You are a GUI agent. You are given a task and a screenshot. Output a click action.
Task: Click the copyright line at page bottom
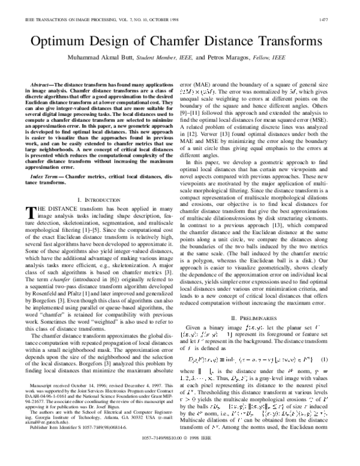(x=180, y=455)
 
